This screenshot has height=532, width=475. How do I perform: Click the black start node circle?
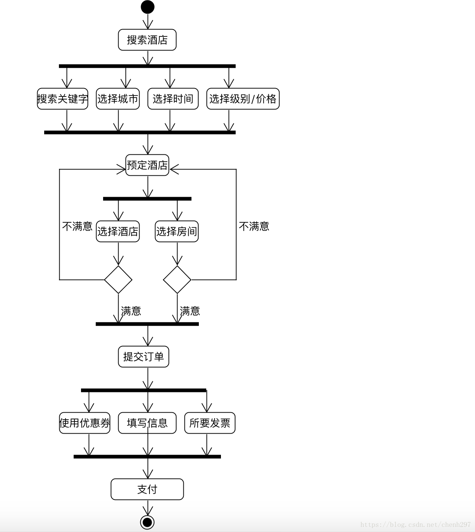pos(147,7)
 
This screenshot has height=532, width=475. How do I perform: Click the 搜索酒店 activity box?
pos(147,40)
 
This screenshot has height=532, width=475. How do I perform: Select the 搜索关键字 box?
pos(63,99)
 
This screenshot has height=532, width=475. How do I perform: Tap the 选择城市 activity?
pos(118,99)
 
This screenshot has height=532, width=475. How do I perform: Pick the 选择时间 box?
pos(173,99)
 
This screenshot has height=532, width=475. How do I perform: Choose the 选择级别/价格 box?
pos(243,99)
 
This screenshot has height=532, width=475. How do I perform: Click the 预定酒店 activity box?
pos(147,165)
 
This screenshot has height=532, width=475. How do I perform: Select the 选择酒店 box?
pos(118,231)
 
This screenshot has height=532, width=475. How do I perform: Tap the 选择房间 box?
pos(177,231)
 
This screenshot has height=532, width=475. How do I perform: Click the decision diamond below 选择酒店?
pos(118,280)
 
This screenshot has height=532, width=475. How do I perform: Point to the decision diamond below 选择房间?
pos(177,280)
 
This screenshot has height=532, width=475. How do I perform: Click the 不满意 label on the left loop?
pos(77,226)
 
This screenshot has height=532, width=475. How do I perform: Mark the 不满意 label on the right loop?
pos(254,226)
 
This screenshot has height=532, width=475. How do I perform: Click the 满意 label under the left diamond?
pos(131,311)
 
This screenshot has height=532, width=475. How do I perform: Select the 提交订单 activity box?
pos(144,357)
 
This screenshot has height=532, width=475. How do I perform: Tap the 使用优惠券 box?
pos(85,423)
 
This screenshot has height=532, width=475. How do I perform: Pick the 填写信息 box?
pos(147,423)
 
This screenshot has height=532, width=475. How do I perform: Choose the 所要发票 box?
pos(210,423)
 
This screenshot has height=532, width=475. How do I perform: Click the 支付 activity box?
pos(147,489)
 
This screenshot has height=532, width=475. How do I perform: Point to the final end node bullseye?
pos(147,522)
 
